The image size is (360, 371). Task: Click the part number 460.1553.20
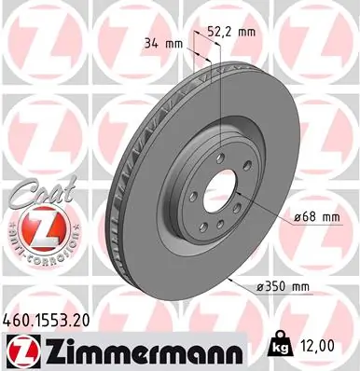(57, 318)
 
